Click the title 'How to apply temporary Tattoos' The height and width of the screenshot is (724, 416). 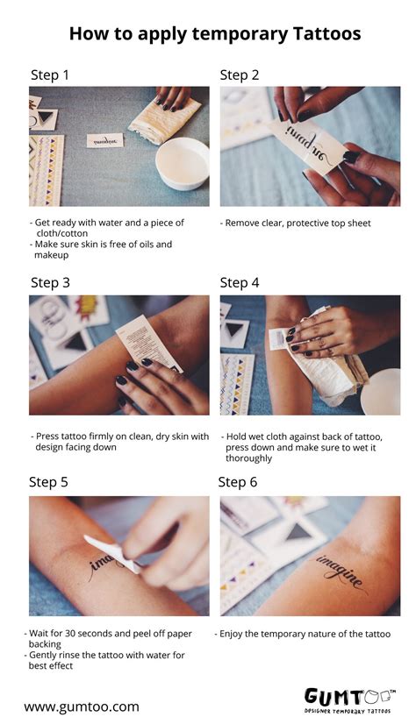pyautogui.click(x=214, y=33)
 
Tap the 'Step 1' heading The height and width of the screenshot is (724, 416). pyautogui.click(x=50, y=75)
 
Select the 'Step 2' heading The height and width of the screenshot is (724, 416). pyautogui.click(x=240, y=75)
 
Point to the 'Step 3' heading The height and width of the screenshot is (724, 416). pyautogui.click(x=50, y=282)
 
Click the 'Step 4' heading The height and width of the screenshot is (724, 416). pyautogui.click(x=240, y=282)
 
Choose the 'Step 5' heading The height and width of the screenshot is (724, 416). pyautogui.click(x=48, y=482)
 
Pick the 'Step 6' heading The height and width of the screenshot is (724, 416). pyautogui.click(x=238, y=482)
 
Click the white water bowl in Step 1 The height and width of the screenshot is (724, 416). pyautogui.click(x=182, y=162)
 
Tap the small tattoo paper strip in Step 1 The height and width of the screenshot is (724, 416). pyautogui.click(x=105, y=139)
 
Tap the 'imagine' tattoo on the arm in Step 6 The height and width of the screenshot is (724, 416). pyautogui.click(x=341, y=571)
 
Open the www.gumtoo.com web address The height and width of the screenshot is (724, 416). pyautogui.click(x=82, y=706)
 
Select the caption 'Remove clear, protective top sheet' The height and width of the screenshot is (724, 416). pyautogui.click(x=298, y=224)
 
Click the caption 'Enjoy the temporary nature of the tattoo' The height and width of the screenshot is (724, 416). pyautogui.click(x=303, y=633)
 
